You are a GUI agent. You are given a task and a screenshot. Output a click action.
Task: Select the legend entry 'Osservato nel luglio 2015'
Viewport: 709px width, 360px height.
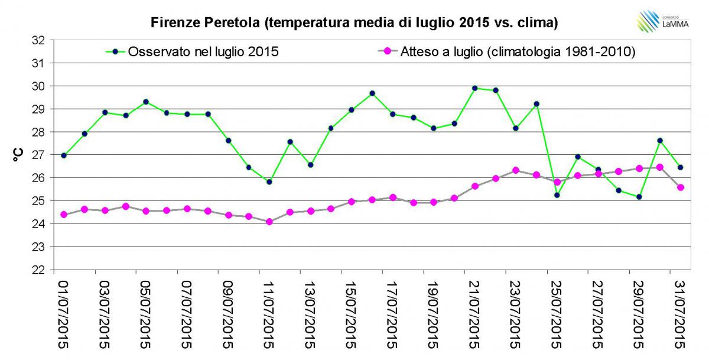click(200, 51)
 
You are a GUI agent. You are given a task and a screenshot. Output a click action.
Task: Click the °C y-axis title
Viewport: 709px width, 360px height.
click(17, 155)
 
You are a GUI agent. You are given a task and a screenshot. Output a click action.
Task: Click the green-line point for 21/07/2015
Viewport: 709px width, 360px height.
click(474, 88)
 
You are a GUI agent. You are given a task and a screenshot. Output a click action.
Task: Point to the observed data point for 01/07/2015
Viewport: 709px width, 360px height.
click(64, 155)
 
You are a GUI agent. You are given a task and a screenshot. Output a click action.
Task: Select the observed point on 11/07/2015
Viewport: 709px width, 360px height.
click(269, 182)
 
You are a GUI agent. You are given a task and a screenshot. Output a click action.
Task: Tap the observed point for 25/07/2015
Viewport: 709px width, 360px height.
click(557, 195)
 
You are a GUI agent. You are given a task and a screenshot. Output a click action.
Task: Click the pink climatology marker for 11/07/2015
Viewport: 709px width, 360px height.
click(269, 222)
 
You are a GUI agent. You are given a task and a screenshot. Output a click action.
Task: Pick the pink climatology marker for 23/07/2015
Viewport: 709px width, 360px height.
click(516, 170)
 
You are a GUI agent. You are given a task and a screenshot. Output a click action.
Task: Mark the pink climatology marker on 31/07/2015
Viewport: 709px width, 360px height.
click(680, 187)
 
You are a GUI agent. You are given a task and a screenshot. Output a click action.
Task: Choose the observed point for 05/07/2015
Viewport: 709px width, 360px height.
click(146, 102)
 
